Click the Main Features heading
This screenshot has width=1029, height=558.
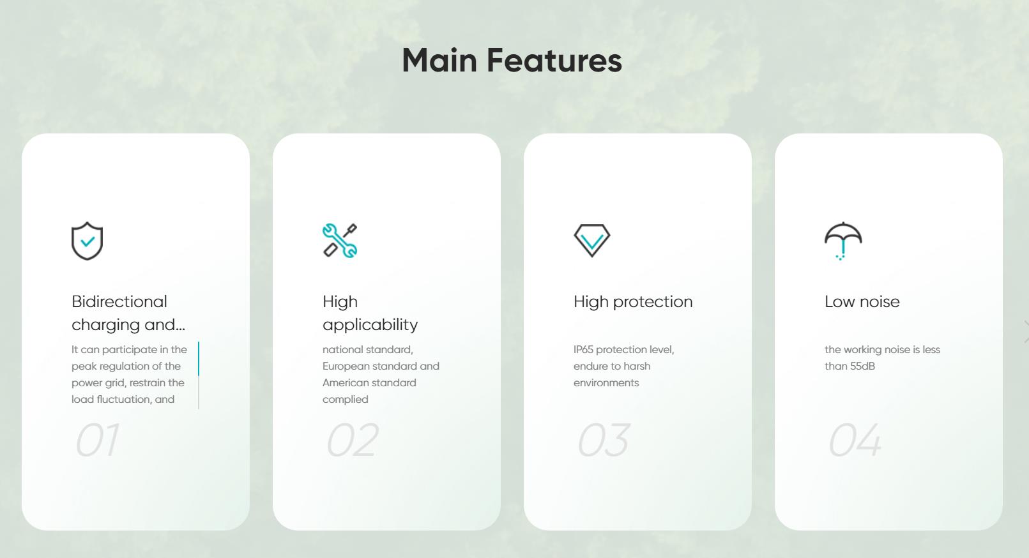(x=512, y=60)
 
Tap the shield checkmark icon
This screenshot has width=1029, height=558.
(x=87, y=241)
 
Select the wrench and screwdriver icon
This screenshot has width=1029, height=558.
(x=340, y=241)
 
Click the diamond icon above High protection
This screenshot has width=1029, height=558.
(x=591, y=240)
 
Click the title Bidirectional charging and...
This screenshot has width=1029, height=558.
(x=128, y=313)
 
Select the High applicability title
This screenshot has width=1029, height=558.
(x=370, y=313)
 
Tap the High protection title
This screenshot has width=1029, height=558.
(x=633, y=302)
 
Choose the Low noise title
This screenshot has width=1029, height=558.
(x=862, y=302)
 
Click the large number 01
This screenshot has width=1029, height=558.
(x=97, y=440)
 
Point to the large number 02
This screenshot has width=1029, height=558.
(x=353, y=440)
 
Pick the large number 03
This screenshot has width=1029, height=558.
(x=603, y=440)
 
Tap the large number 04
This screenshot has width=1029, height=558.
(x=855, y=440)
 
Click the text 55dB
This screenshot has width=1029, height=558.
(x=862, y=366)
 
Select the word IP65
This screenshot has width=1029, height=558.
(x=583, y=349)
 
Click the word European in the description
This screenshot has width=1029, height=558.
(x=346, y=366)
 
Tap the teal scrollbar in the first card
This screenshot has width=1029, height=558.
(x=199, y=359)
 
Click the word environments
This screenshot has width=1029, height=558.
(x=606, y=382)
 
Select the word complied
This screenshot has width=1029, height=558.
(x=345, y=400)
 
